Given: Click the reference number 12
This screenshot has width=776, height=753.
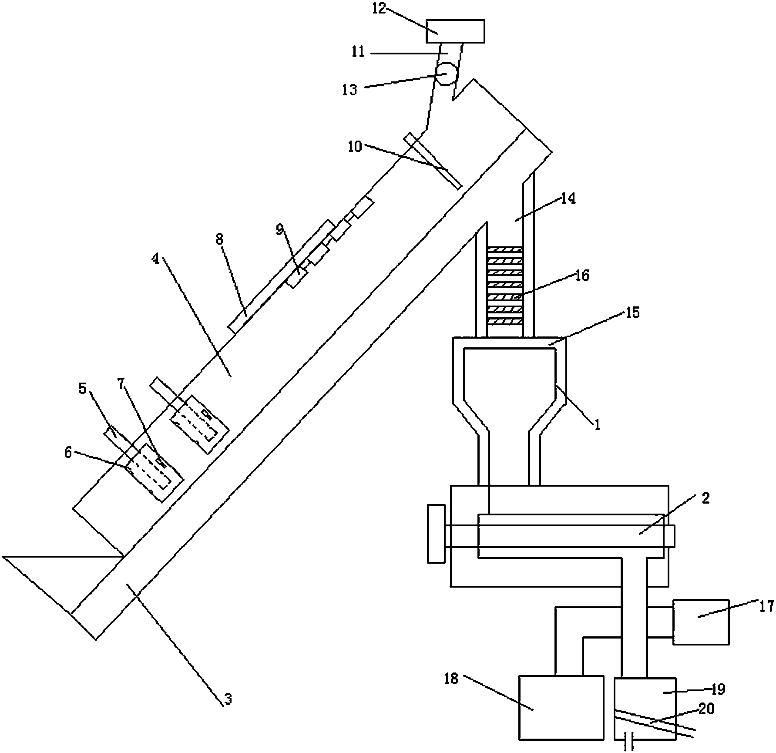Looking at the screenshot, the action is (x=379, y=8).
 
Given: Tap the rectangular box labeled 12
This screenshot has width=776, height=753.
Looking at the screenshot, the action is (x=455, y=31).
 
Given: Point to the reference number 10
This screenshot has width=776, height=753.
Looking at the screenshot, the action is (x=355, y=147).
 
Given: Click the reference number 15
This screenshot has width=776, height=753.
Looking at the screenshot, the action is (x=633, y=313).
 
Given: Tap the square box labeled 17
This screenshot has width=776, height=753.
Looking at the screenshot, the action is (x=701, y=622).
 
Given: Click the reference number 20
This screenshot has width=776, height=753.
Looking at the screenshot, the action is (x=707, y=709).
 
